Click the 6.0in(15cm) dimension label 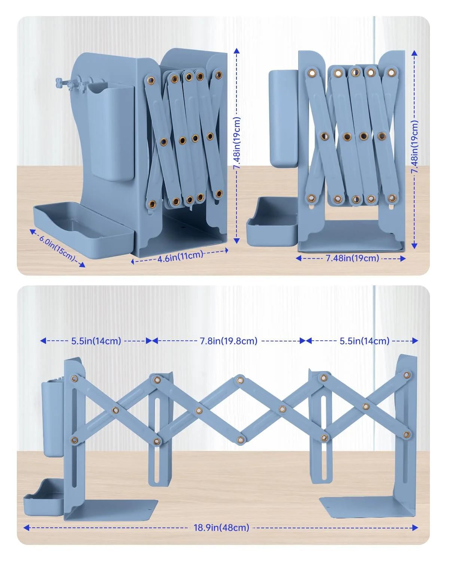[x=57, y=248]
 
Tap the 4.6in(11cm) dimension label [x=180, y=256]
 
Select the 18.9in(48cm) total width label [x=222, y=527]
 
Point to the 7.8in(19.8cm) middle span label [x=229, y=341]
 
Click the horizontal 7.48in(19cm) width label [x=352, y=258]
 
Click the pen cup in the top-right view [x=284, y=119]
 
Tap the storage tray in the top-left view [x=83, y=229]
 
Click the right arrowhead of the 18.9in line [x=415, y=528]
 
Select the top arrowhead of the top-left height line [x=236, y=50]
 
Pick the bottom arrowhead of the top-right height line [x=414, y=245]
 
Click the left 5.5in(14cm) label [x=96, y=341]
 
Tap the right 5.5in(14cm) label [x=364, y=341]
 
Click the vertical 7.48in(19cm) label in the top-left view [x=237, y=143]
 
